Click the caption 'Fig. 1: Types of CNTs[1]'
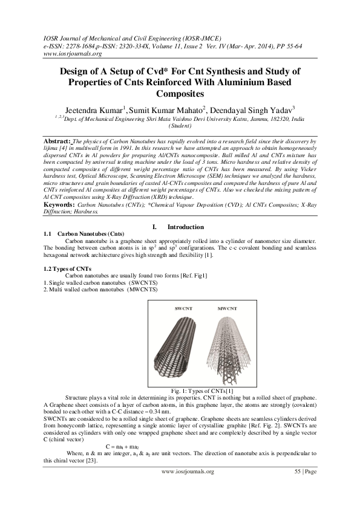point(180,391)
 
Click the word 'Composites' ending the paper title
point(180,93)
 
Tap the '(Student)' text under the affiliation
point(180,126)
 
